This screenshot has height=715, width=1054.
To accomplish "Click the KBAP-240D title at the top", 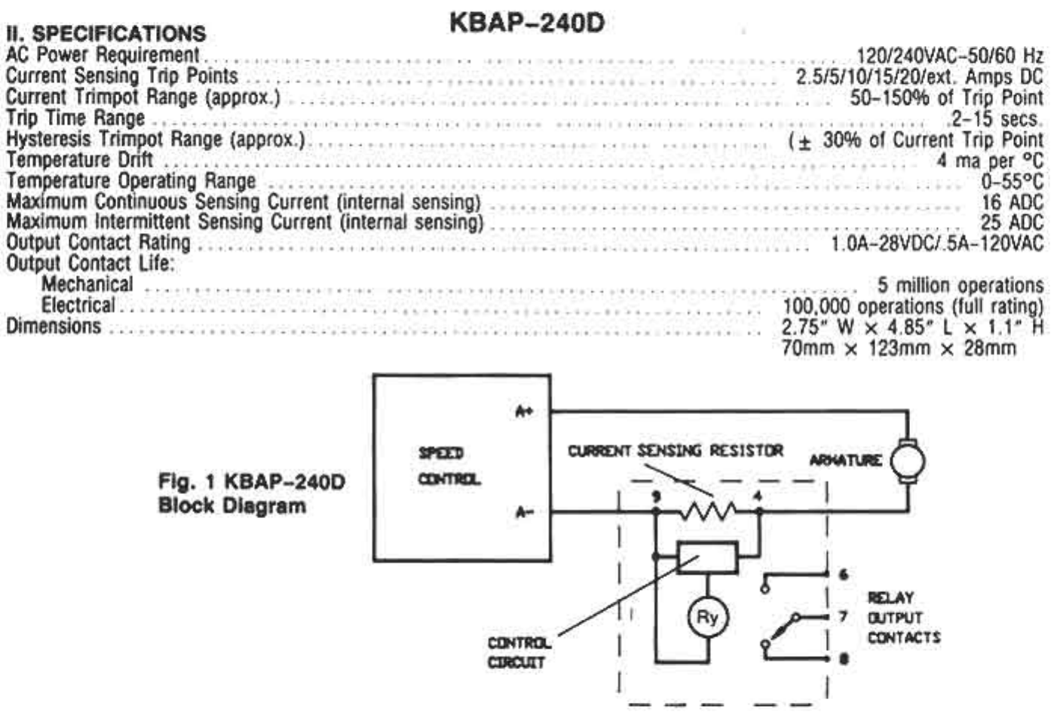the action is tap(526, 23).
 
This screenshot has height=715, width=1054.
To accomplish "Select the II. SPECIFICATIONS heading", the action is tap(106, 33).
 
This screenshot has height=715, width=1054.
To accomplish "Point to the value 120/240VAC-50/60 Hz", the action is tap(950, 55).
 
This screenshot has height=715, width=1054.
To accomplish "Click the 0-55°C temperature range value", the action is tap(1012, 182).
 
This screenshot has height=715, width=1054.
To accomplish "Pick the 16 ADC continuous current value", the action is tap(1012, 202).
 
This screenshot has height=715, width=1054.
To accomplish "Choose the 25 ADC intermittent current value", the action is tap(1012, 222).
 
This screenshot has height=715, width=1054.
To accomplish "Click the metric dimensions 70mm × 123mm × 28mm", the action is tap(899, 348).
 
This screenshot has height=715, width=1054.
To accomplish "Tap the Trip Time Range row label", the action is tap(75, 118).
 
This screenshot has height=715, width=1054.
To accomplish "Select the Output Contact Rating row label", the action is tap(98, 243).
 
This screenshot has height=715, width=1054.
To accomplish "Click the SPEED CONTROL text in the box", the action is tap(449, 465).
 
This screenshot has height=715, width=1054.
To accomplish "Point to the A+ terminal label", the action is tap(524, 412).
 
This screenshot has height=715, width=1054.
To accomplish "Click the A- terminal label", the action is tap(524, 513).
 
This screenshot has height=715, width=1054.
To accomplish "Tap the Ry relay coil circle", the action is tap(707, 618).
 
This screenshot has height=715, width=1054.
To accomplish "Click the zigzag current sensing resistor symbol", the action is tap(707, 512).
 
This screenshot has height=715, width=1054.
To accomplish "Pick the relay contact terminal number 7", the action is tap(844, 617).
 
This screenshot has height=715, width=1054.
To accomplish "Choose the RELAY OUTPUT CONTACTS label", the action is tap(903, 618).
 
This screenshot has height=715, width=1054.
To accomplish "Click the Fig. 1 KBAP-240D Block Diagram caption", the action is tap(251, 493).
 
